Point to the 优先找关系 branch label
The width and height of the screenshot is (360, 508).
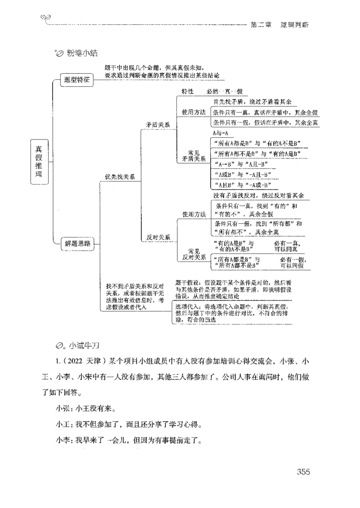click(x=120, y=177)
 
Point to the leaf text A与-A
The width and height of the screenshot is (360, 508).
click(x=220, y=133)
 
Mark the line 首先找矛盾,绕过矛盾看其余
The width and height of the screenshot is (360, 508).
click(x=258, y=102)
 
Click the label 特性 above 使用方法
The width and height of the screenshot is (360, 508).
click(x=188, y=91)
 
